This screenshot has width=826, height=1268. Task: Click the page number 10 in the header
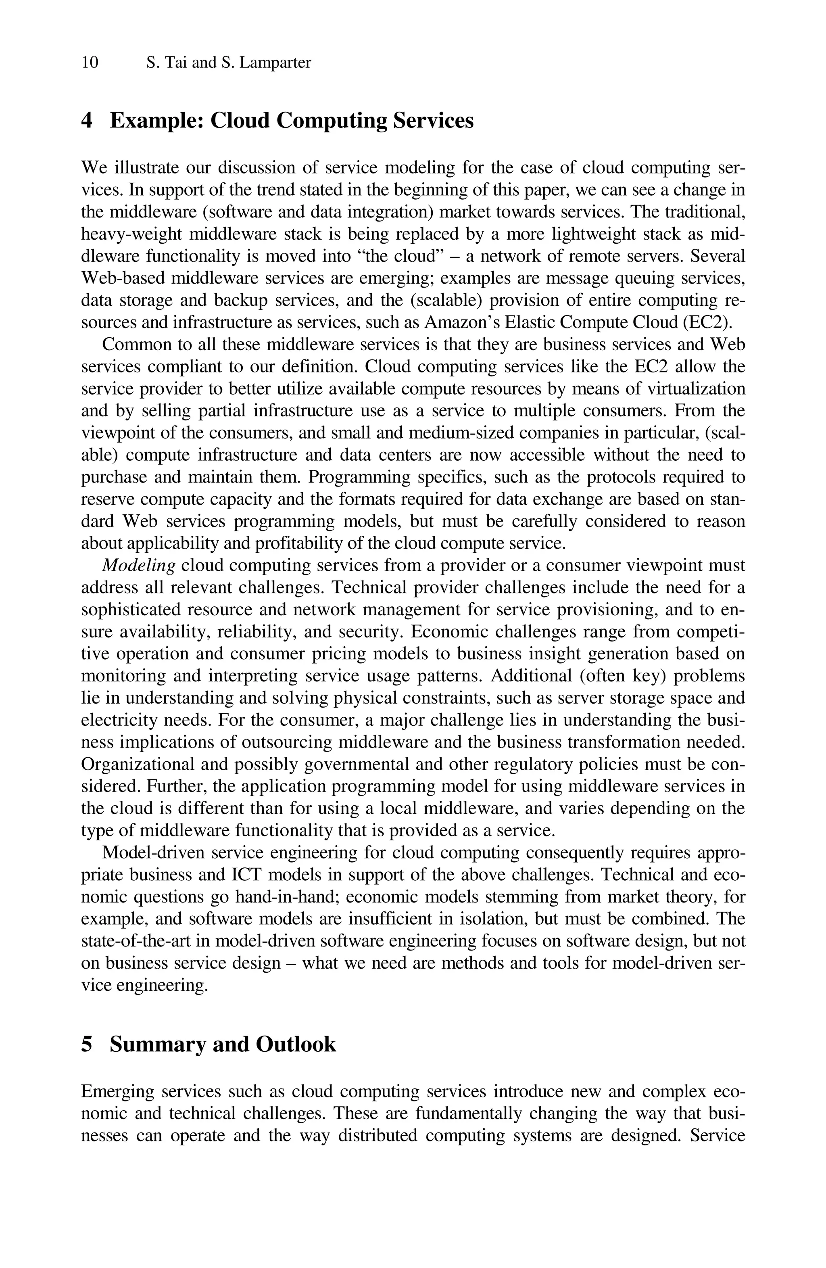point(90,63)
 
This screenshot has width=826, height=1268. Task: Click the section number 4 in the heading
point(86,121)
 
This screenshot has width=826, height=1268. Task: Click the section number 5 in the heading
point(86,1044)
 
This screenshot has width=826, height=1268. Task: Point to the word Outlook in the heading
point(296,1044)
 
